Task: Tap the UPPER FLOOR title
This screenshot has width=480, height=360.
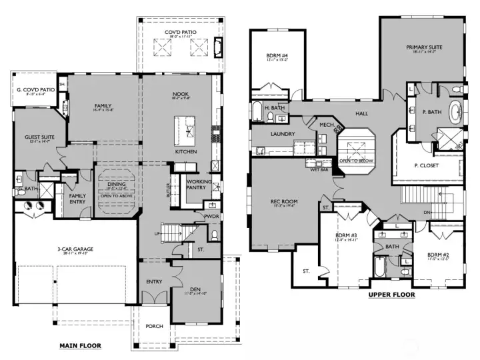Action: click(391, 294)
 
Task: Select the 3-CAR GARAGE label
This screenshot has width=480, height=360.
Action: click(75, 250)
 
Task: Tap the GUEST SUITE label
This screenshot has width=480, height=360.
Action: click(39, 137)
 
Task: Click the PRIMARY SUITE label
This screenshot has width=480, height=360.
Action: click(424, 47)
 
